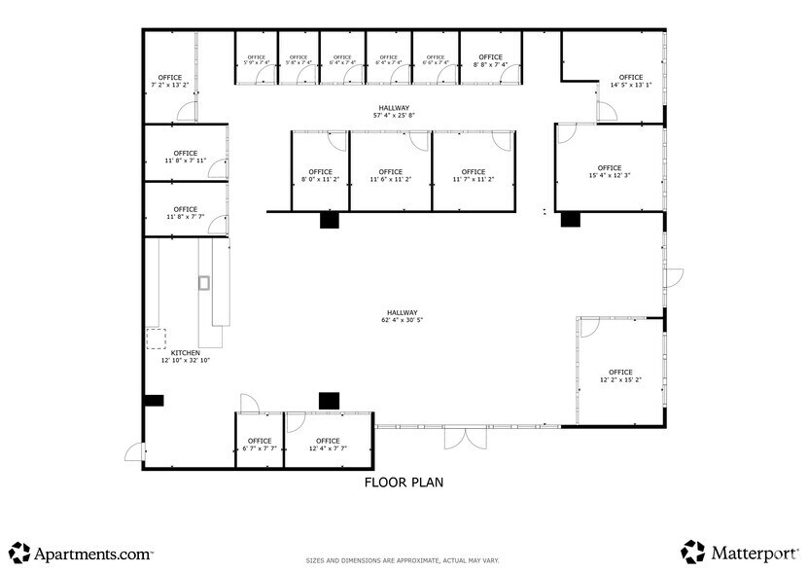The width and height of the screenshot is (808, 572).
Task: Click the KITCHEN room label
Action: pos(185,353)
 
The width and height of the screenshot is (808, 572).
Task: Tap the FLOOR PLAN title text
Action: pos(404,482)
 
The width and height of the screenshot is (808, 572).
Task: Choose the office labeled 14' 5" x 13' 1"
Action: pos(630,82)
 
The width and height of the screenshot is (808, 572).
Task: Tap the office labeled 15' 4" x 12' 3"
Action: pos(610,172)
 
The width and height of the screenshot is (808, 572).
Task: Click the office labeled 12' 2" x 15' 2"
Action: pos(620,376)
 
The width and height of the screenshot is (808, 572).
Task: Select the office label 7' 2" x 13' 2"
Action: pos(170,82)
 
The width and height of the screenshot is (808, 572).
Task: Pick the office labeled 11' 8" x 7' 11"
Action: pos(185,157)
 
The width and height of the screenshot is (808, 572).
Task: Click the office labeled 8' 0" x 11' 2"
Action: pos(319,176)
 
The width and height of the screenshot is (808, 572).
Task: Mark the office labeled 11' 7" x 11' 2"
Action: pos(474,176)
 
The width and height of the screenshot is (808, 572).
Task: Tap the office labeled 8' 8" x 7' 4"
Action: pos(490,60)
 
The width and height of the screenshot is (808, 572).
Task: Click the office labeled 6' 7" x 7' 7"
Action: pos(259,445)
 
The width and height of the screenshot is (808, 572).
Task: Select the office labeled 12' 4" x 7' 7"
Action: pos(328,445)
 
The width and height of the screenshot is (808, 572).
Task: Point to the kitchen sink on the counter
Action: pos(204,283)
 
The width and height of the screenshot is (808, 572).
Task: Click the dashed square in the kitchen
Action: pos(156,339)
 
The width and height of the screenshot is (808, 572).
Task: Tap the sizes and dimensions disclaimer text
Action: pos(404,560)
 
